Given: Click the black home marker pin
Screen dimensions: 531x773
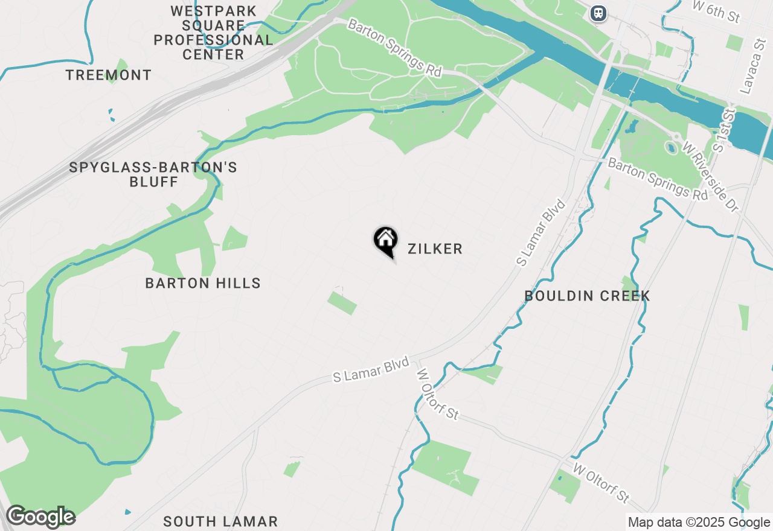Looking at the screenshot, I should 385,240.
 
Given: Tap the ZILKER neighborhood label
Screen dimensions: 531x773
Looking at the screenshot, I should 435,249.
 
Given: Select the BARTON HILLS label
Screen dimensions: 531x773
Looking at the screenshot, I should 203,283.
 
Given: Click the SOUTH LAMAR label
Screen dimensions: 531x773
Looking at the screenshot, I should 220,521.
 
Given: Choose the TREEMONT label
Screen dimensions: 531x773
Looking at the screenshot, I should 109,75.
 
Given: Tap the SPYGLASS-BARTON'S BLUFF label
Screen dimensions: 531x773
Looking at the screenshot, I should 153,174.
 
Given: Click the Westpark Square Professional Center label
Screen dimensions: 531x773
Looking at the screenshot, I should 213,33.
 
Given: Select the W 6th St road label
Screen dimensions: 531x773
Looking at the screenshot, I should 716,11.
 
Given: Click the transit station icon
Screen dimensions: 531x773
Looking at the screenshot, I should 598,13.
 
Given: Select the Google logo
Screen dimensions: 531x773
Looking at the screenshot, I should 40,517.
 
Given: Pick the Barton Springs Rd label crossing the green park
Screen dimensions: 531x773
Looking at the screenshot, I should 395,48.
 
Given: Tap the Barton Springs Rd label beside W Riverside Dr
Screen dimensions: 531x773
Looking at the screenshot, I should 657,179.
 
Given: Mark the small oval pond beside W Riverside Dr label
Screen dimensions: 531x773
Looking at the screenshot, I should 670,147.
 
